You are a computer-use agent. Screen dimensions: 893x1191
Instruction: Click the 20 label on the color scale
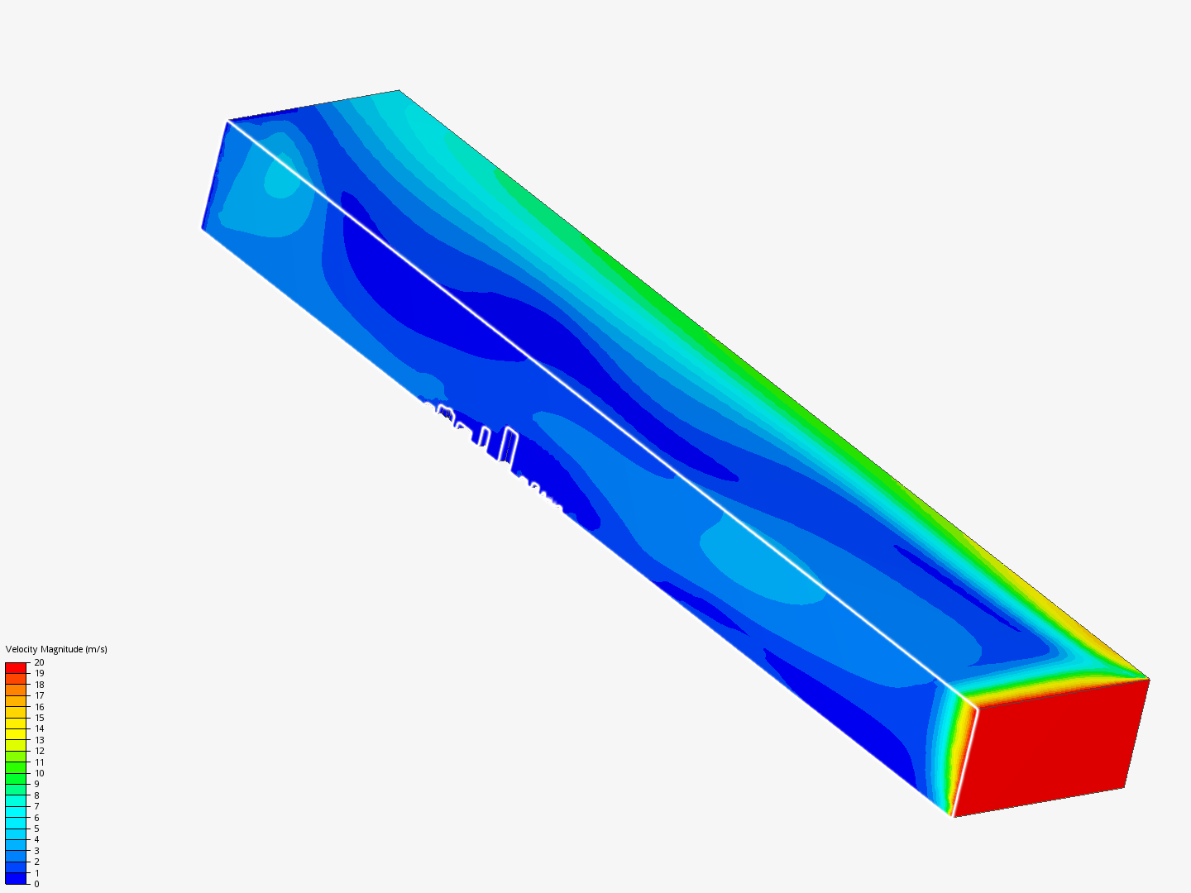[x=39, y=662]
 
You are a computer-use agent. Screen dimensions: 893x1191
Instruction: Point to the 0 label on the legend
[x=36, y=884]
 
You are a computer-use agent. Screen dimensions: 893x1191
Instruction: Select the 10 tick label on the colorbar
[x=39, y=773]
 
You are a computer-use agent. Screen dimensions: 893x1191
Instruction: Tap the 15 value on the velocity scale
[x=39, y=718]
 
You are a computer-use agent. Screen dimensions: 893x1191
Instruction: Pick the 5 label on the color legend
[x=36, y=829]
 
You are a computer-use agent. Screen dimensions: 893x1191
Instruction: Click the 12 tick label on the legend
[x=39, y=751]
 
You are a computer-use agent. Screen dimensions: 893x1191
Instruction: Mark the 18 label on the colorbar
[x=39, y=685]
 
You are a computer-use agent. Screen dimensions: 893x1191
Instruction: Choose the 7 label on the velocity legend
[x=36, y=806]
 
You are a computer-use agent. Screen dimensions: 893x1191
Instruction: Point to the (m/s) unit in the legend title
[x=96, y=649]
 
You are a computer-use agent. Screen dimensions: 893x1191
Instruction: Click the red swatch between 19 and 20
[x=16, y=668]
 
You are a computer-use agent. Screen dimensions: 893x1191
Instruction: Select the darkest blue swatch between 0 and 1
[x=16, y=878]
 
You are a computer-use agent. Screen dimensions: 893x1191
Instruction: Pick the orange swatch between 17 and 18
[x=16, y=690]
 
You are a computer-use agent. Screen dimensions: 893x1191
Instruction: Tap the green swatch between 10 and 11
[x=16, y=767]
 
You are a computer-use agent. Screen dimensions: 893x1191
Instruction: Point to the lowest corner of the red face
[x=954, y=817]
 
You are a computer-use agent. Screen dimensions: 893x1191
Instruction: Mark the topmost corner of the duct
[x=399, y=90]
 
